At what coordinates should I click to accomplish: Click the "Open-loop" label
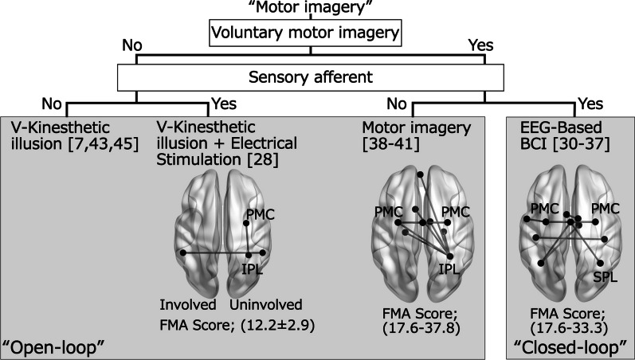point(56,347)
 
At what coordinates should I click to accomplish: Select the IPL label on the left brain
point(253,268)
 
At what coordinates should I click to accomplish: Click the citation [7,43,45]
point(100,144)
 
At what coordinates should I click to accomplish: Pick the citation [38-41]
point(387,144)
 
